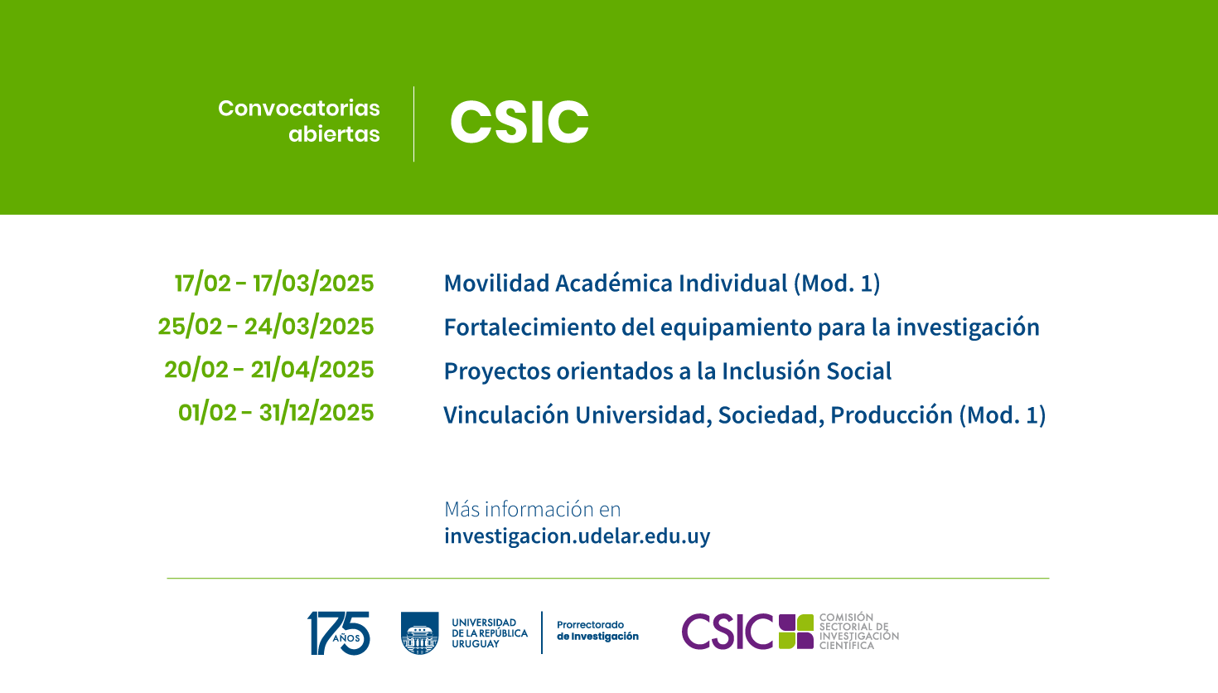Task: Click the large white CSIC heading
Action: coord(520,122)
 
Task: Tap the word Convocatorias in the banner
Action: coord(299,109)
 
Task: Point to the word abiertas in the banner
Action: coord(334,133)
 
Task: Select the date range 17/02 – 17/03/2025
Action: coord(274,283)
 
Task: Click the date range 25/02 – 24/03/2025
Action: coord(266,327)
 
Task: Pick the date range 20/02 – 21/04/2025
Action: coord(269,370)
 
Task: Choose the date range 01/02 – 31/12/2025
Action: coord(276,413)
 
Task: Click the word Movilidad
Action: coord(496,283)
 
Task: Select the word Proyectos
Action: coord(497,371)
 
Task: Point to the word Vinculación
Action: coord(506,415)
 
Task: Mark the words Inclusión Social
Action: coord(806,371)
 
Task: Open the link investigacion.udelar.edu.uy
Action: coord(577,536)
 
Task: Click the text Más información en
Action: coord(532,509)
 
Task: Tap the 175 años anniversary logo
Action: coord(338,633)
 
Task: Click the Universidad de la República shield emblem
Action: coord(420,633)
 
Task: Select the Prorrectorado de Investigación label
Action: coord(597,631)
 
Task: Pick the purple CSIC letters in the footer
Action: coord(727,632)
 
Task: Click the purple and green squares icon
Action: coord(796,632)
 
